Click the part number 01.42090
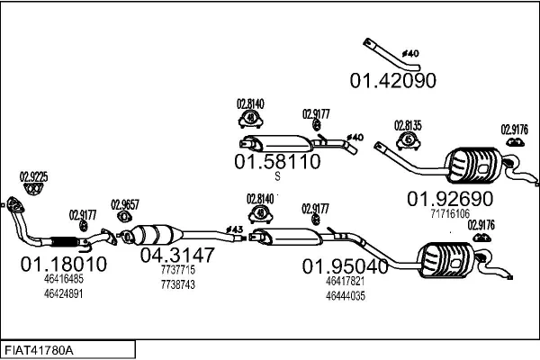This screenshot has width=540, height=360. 392,79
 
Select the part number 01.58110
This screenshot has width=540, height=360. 277,162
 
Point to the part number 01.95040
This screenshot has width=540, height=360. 345,265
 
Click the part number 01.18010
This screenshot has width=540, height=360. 64,265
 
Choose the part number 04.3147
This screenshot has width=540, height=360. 177,255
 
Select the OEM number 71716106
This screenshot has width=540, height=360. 450,214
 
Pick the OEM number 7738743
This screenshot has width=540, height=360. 175,283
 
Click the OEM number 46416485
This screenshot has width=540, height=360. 63,280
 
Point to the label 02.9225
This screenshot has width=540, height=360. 34,176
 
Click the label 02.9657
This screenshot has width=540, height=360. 125,204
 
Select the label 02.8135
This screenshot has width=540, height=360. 409,125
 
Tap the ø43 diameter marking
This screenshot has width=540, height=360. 235,229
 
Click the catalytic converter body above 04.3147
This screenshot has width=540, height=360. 153,236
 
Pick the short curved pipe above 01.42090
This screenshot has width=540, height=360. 390,50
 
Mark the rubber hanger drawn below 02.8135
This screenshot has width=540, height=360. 409,142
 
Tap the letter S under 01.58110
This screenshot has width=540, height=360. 277,177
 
